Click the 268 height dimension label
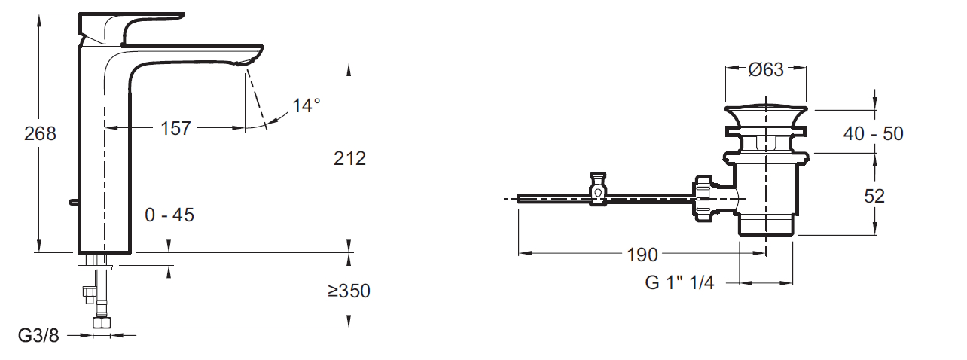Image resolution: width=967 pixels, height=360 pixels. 40,133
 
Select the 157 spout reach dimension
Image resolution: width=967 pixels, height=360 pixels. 175,128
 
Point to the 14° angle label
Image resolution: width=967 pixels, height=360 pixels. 307,105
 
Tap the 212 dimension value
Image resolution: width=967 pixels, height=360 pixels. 349,158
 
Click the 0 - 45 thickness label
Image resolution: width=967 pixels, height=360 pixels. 169,215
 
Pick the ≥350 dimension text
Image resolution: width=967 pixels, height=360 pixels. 349,291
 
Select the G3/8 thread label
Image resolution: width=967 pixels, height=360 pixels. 38,335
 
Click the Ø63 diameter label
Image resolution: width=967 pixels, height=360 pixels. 766,69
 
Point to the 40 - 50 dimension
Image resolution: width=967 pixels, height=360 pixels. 874,134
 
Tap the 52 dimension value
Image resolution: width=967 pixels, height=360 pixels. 874,197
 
